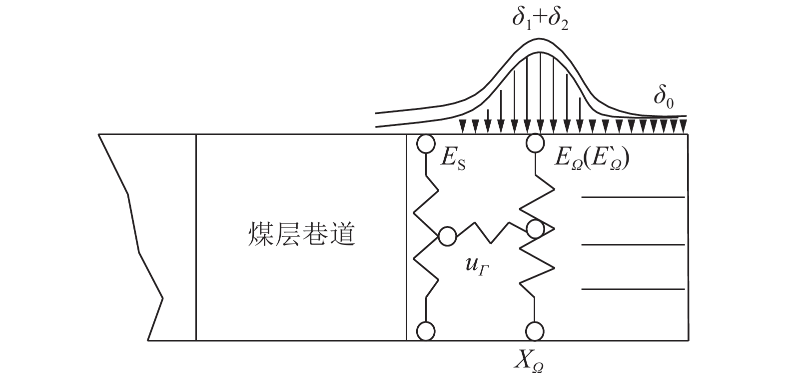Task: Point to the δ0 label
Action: coord(664,98)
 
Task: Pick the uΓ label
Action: coord(477,266)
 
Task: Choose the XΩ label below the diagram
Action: coord(529,362)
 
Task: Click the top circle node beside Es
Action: coord(426,144)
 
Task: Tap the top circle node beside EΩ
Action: coord(535,143)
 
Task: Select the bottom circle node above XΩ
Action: coord(535,331)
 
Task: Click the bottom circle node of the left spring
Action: coord(426,331)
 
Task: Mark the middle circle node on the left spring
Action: coord(447,236)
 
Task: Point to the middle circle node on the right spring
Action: coord(535,229)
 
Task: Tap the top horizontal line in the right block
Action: coord(633,197)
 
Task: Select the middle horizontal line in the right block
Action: coord(633,244)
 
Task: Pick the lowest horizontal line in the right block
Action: coord(633,289)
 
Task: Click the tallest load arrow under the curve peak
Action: coord(540,92)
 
